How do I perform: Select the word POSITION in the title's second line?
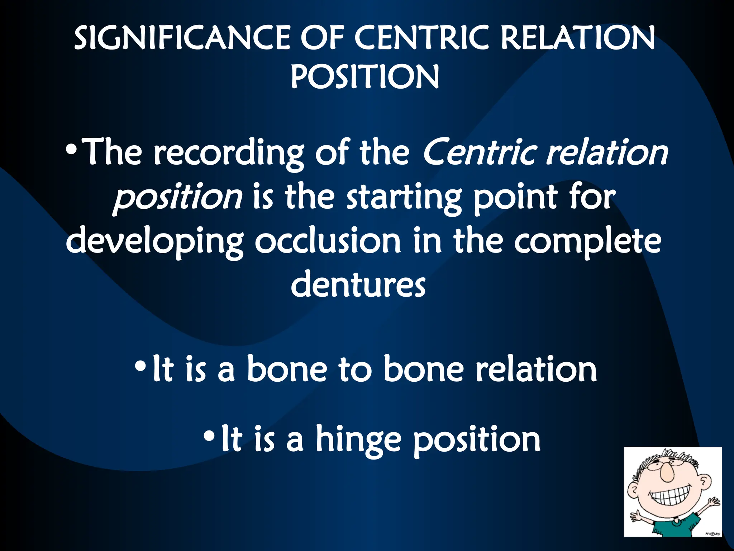pos(364,77)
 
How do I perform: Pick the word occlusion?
pos(328,241)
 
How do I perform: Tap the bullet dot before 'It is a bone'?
pos(141,366)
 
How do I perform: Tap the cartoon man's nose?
pos(667,473)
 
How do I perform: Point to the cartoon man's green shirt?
pos(674,527)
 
